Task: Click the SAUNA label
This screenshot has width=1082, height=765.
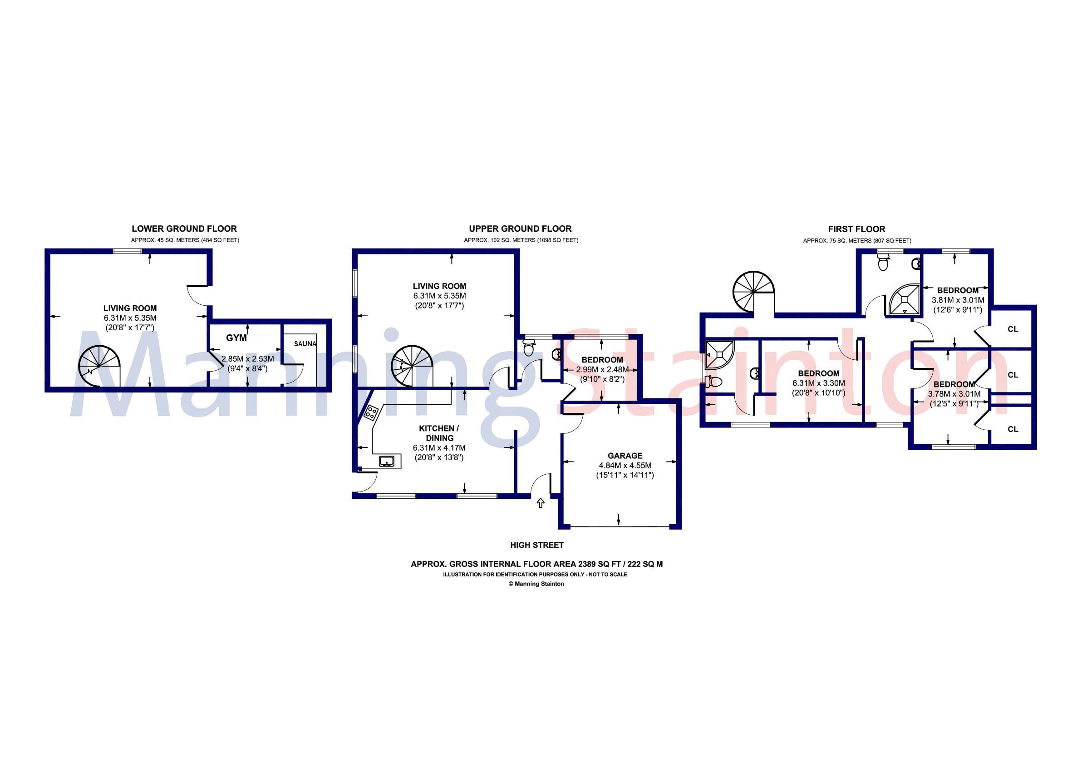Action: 305,344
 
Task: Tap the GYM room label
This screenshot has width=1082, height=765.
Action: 236,338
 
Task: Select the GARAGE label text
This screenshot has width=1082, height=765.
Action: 625,456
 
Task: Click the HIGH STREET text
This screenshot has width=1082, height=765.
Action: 537,545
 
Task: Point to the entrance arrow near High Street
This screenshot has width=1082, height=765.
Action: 541,503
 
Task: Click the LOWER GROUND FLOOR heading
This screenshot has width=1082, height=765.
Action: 184,229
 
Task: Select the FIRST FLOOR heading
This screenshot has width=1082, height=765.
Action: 856,229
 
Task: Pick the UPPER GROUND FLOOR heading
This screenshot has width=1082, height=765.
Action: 520,229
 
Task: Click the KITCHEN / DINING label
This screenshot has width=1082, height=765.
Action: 439,433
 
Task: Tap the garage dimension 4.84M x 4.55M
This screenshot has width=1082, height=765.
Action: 625,466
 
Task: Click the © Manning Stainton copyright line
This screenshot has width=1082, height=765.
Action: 536,584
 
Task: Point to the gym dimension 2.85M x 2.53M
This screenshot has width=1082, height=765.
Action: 247,359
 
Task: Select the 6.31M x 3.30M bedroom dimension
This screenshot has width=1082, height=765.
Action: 819,383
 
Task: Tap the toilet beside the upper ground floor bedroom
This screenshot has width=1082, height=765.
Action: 528,349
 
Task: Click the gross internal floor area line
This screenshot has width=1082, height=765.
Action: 536,564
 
